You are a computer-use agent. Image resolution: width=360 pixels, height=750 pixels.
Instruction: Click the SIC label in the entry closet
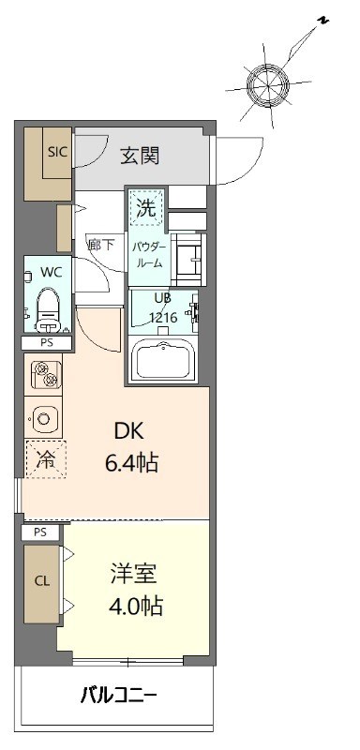57,152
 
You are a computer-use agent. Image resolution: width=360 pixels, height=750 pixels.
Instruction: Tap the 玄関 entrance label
140,156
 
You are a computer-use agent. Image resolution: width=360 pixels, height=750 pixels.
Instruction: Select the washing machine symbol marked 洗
147,206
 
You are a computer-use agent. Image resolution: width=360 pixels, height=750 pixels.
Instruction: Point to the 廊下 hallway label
101,245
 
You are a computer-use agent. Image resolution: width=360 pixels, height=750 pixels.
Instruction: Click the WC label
51,272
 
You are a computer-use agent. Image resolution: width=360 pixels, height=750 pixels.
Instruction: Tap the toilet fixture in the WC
48,310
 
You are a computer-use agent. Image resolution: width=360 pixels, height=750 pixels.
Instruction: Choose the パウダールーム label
148,254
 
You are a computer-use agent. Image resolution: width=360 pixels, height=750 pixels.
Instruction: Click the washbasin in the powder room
188,259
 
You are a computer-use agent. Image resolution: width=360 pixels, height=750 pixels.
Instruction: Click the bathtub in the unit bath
164,359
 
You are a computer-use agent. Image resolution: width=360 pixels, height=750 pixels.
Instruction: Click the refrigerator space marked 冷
46,459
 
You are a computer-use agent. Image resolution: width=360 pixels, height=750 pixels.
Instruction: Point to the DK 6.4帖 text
132,447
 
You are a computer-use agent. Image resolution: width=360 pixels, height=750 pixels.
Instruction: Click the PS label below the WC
46,342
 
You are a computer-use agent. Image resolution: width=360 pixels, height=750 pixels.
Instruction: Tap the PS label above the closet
40,532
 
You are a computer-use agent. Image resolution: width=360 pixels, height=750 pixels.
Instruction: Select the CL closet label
41,581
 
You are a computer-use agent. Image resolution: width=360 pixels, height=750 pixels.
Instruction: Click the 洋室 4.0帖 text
136,591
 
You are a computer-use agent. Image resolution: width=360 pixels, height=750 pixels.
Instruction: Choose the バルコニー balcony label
117,694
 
